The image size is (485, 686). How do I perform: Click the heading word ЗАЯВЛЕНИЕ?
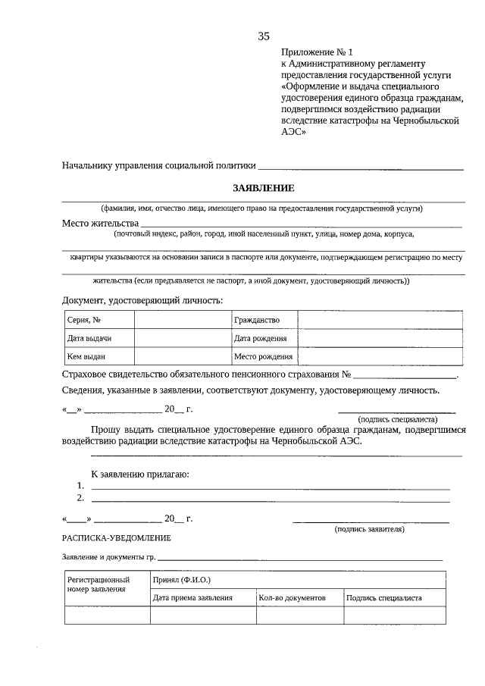click(263, 188)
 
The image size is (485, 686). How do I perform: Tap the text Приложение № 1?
click(318, 52)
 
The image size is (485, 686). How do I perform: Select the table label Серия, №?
click(84, 320)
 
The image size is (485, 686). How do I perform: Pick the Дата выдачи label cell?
click(89, 338)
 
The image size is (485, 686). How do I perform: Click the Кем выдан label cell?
click(86, 356)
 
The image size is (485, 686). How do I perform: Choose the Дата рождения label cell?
click(261, 338)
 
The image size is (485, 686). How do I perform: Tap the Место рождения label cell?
click(263, 356)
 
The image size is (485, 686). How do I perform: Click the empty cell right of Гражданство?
click(380, 320)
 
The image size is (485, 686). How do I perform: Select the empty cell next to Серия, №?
click(183, 320)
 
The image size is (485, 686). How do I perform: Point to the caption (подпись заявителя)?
click(370, 529)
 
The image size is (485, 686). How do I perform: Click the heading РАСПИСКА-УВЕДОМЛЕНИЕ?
click(117, 538)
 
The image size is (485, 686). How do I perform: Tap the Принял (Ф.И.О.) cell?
click(182, 580)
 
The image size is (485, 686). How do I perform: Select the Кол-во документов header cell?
click(292, 598)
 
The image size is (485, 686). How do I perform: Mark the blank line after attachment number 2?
click(271, 500)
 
